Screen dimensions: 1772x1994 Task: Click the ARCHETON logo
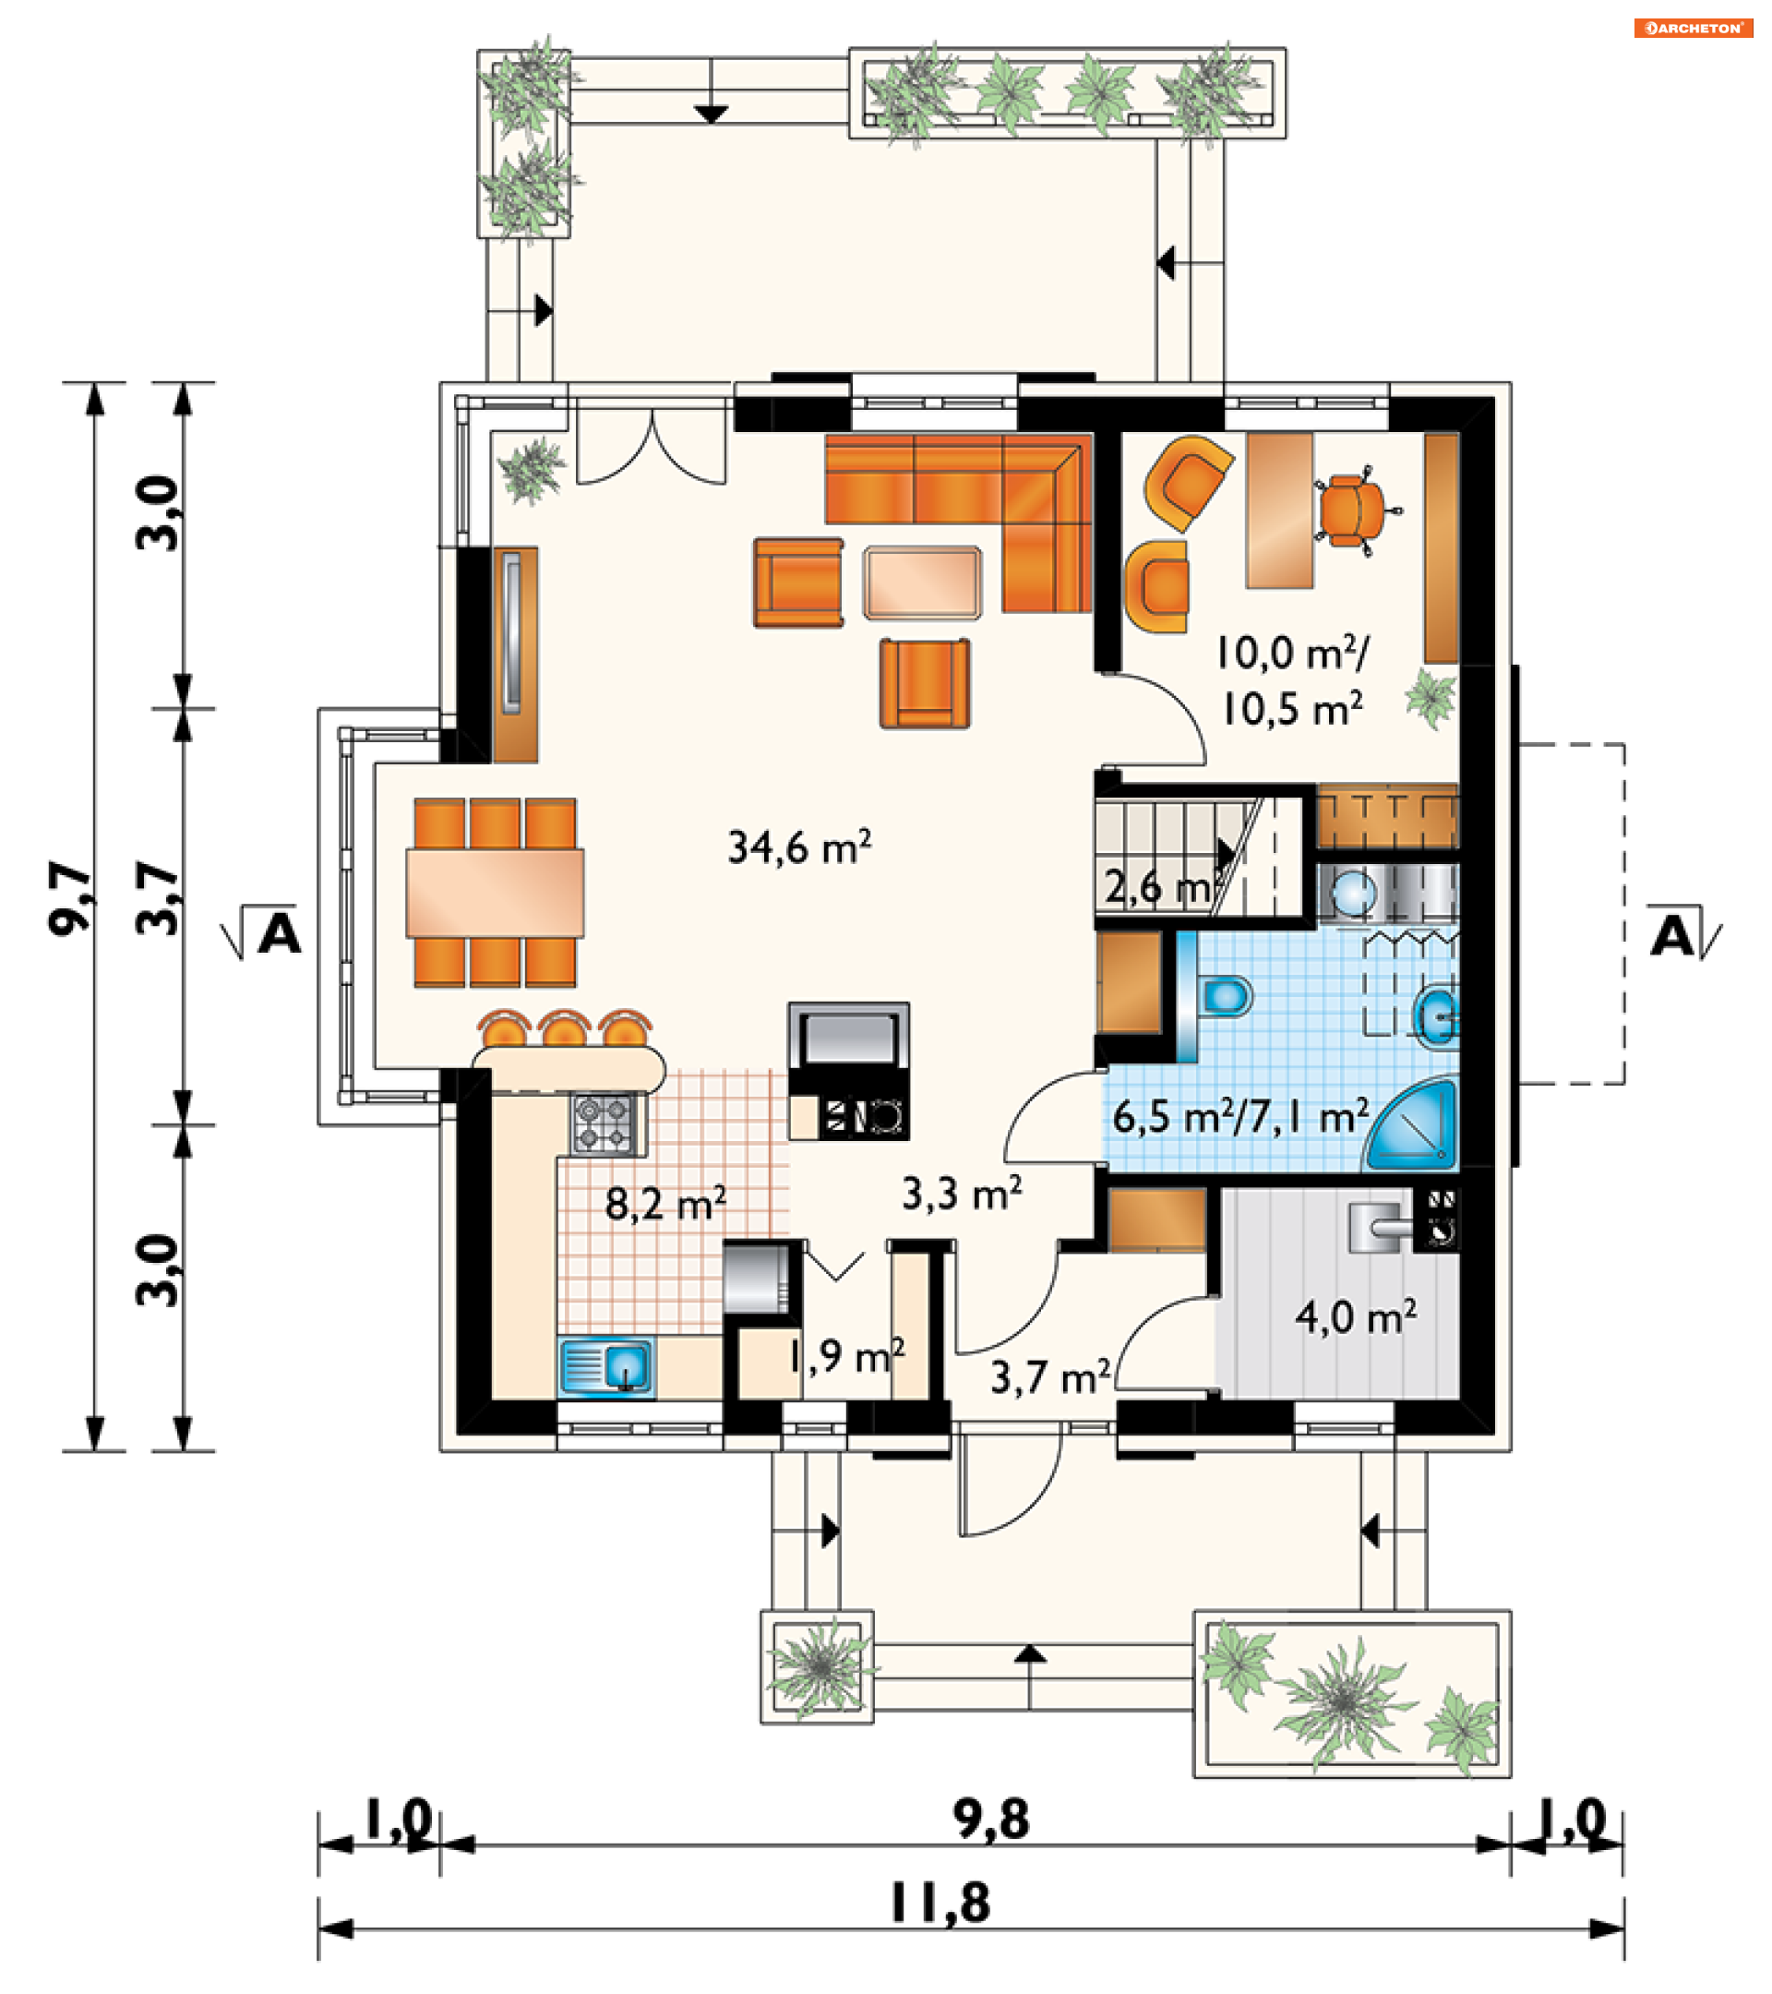pos(1692,29)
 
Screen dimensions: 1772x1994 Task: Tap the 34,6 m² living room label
pos(799,847)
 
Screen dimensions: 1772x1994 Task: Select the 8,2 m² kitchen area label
pos(665,1203)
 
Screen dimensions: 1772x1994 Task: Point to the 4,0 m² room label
pos(1356,1317)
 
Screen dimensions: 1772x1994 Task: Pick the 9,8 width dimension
pos(991,1820)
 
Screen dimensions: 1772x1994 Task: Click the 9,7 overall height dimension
pos(71,897)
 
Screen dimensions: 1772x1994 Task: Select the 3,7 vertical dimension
pos(159,897)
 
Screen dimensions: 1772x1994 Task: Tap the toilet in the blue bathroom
pos(1226,996)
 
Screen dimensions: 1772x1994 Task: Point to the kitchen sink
pos(606,1368)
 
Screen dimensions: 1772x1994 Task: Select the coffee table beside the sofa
pos(923,583)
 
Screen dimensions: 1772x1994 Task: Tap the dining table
pos(496,893)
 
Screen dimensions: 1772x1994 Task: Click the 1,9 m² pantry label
pos(846,1355)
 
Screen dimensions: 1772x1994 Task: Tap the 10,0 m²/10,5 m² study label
pos(1293,680)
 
